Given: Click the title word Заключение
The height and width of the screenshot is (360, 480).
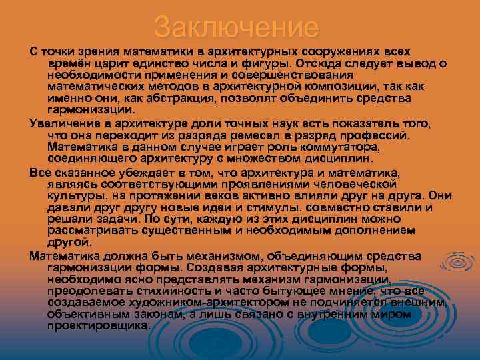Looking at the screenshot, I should click(x=237, y=27).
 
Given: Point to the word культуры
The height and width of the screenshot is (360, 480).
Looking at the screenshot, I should click(x=74, y=197).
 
